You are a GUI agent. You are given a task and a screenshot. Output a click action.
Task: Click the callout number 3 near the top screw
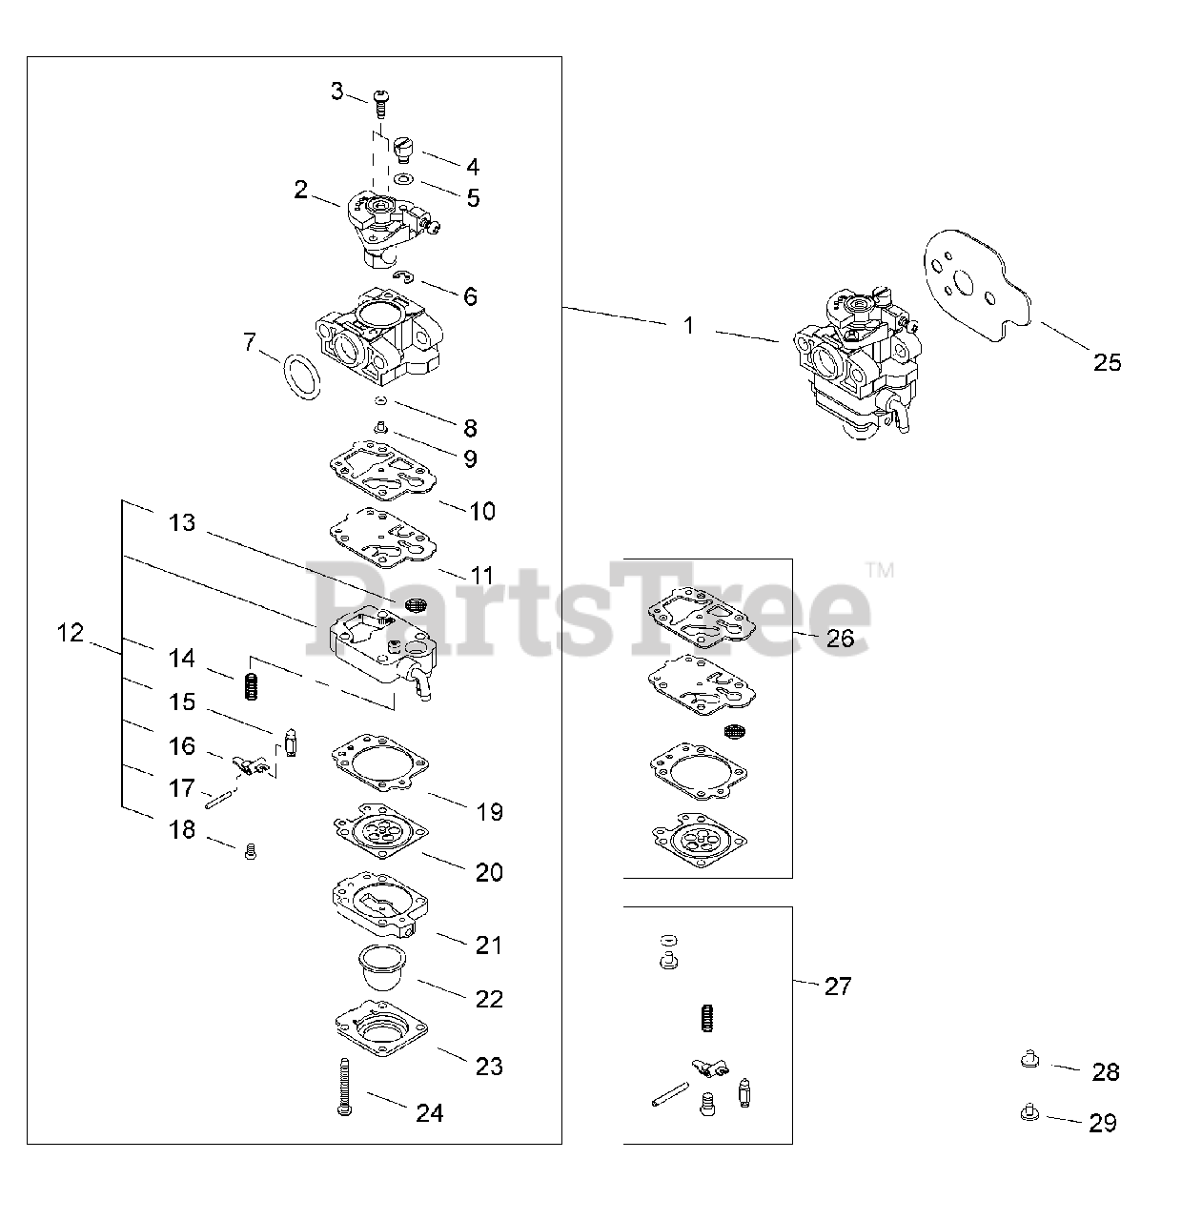pyautogui.click(x=336, y=91)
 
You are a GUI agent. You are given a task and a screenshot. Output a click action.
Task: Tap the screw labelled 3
pyautogui.click(x=382, y=101)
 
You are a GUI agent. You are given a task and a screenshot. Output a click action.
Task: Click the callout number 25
pyautogui.click(x=1108, y=362)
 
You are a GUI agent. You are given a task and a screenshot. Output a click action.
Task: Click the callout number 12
pyautogui.click(x=71, y=633)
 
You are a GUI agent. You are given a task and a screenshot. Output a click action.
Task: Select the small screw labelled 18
pyautogui.click(x=252, y=851)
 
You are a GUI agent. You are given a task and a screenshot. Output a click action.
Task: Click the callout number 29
pyautogui.click(x=1103, y=1124)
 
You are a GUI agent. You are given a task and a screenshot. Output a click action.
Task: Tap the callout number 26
pyautogui.click(x=840, y=639)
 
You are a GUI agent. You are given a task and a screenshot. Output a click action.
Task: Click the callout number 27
pyautogui.click(x=838, y=986)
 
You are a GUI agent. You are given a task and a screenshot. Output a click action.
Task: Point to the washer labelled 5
pyautogui.click(x=404, y=179)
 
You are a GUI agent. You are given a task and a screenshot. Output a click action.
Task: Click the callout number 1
pyautogui.click(x=689, y=326)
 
